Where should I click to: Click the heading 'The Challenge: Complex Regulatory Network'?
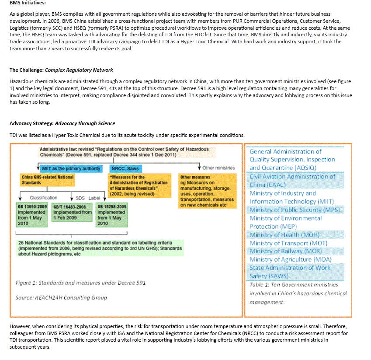tap(61, 70)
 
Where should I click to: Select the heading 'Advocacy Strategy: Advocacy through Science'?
tap(62, 124)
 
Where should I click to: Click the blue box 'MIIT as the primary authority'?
tap(71, 168)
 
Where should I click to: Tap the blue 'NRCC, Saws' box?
tap(125, 168)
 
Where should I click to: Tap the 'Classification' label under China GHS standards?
tap(43, 198)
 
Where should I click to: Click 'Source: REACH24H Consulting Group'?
tap(61, 297)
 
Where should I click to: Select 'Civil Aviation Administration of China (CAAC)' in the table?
tap(292, 181)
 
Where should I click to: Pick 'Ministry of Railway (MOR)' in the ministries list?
tap(285, 251)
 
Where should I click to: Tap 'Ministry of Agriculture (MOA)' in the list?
tap(291, 259)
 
